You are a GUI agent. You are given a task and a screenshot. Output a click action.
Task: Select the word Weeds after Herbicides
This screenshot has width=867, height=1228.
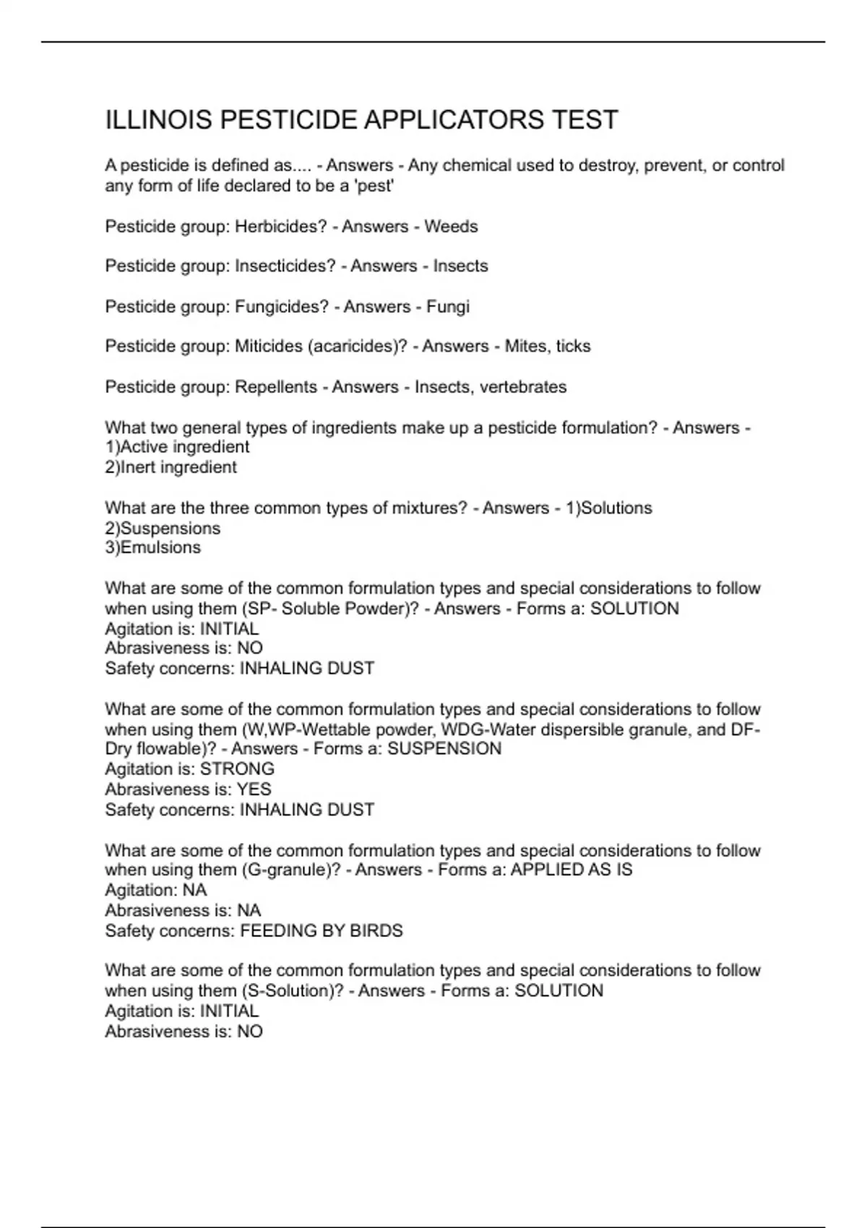coord(451,226)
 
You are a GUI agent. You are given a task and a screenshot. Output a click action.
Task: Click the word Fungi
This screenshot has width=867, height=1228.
coord(448,306)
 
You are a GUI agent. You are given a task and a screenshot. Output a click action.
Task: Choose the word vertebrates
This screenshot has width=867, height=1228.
coord(523,386)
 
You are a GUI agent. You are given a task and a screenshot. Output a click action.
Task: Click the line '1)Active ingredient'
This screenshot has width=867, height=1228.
coord(177,446)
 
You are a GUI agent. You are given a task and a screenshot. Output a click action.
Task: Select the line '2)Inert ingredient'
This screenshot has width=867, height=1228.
coord(171,467)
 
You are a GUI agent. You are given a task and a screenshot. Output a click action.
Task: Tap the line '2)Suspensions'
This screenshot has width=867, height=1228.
coord(163,528)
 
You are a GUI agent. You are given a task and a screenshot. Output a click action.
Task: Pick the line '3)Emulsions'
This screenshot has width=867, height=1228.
coord(152,548)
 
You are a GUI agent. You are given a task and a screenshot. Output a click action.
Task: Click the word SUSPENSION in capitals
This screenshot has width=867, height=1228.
coord(444,748)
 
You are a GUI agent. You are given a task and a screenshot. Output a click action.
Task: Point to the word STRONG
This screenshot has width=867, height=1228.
coord(237,769)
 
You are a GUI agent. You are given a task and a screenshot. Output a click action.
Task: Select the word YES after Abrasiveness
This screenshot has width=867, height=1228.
coord(254,789)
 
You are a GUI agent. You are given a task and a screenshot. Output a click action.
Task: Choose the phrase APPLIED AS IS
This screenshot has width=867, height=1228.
coord(571,870)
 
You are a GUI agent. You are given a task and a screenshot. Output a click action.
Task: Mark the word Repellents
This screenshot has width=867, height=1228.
coord(276,386)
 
